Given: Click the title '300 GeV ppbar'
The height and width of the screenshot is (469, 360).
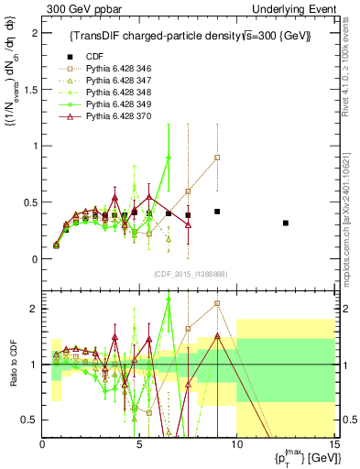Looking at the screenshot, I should click(x=77, y=8).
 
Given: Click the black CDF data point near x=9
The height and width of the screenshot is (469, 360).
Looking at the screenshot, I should click(x=217, y=212).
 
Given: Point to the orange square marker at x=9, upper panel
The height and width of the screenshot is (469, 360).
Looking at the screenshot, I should click(x=217, y=158).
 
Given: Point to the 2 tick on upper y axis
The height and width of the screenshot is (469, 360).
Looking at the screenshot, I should click(x=34, y=33).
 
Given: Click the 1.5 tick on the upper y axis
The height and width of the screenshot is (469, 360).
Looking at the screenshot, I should click(x=30, y=89).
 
